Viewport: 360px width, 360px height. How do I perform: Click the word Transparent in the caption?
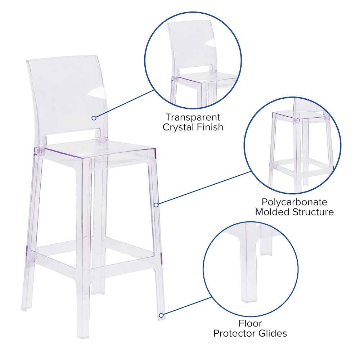click(x=193, y=117)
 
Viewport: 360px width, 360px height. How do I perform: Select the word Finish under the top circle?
click(x=210, y=127)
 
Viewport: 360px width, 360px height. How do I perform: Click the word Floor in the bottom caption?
click(x=250, y=323)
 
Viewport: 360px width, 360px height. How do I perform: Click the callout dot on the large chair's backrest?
click(x=94, y=118)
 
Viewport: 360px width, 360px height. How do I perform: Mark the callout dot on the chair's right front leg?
click(x=156, y=205)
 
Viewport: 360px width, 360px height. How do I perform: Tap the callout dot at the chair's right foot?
click(x=161, y=315)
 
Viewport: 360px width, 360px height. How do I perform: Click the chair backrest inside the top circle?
click(x=191, y=47)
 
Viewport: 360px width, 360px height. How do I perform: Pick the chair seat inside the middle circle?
click(x=301, y=117)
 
